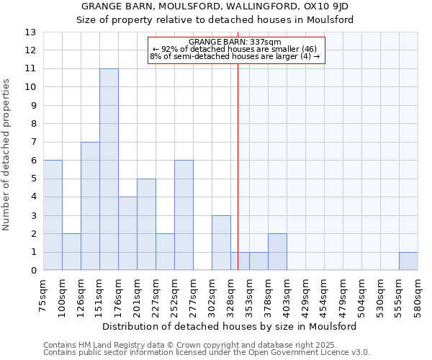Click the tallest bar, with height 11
[109, 170]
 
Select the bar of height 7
[90, 207]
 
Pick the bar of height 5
[146, 225]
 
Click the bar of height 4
[127, 234]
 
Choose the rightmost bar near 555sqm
[408, 261]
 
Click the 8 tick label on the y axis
[32, 124]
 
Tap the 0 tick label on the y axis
[32, 271]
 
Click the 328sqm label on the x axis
[231, 294]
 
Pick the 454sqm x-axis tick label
[325, 294]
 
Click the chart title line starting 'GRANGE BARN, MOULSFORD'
[215, 6]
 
